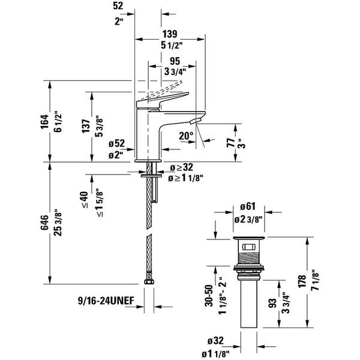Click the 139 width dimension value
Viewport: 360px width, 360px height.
click(170, 34)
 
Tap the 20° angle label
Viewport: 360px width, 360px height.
click(186, 136)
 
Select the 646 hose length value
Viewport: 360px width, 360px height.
click(44, 222)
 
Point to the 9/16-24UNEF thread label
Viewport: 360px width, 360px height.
click(106, 301)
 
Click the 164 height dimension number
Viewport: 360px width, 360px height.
click(45, 122)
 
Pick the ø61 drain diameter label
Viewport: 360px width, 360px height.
click(248, 206)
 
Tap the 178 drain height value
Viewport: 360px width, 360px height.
click(302, 281)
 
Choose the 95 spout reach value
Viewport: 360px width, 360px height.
click(175, 61)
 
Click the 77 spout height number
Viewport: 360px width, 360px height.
click(231, 143)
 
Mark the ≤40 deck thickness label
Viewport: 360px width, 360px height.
click(85, 200)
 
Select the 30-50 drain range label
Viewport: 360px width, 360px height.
click(209, 295)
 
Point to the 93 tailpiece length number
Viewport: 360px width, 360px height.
click(272, 304)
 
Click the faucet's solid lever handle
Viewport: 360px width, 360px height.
click(163, 100)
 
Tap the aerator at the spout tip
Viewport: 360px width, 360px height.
click(196, 120)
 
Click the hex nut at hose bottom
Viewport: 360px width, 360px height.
click(149, 281)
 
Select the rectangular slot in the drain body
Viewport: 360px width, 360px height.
click(248, 247)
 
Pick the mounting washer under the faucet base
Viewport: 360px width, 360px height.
click(151, 176)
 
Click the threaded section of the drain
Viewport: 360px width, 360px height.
click(248, 259)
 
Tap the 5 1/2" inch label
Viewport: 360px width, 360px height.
click(172, 46)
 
